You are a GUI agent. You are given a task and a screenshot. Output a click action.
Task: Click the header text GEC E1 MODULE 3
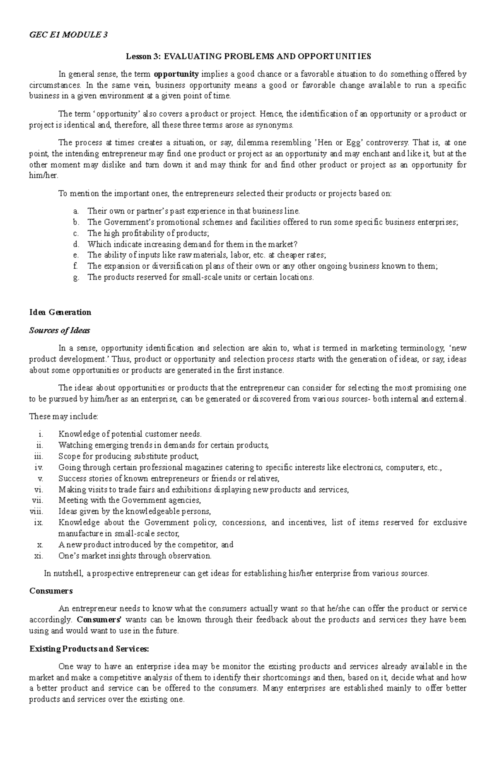coord(68,35)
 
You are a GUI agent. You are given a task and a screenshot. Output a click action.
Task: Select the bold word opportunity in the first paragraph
coord(176,75)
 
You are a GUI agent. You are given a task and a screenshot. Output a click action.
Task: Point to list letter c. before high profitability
coord(75,233)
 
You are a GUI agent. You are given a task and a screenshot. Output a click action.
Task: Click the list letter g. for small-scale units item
coord(75,277)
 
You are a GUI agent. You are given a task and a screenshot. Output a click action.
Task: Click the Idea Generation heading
coord(60,312)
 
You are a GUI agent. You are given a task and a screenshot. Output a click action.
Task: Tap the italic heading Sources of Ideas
coord(59,331)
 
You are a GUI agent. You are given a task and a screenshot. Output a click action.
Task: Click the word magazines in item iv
coord(202,467)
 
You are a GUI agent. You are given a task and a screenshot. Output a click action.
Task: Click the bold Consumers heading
coord(51,591)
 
